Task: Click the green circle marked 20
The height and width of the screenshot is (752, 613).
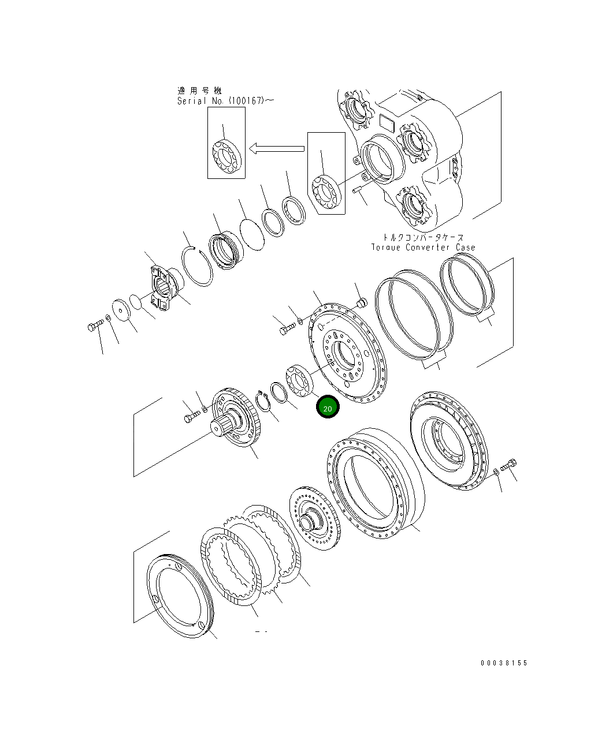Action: tap(328, 407)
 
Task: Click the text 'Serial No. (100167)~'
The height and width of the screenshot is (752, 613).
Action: tap(226, 101)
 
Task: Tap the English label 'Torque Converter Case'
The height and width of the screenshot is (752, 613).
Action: tap(423, 248)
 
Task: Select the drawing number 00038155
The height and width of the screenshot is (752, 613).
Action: tap(504, 663)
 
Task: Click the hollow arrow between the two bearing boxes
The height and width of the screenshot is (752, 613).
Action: tap(277, 149)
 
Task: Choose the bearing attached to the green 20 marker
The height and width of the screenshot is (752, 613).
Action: tap(299, 381)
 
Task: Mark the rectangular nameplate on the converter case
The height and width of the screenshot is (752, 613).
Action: tap(385, 123)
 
